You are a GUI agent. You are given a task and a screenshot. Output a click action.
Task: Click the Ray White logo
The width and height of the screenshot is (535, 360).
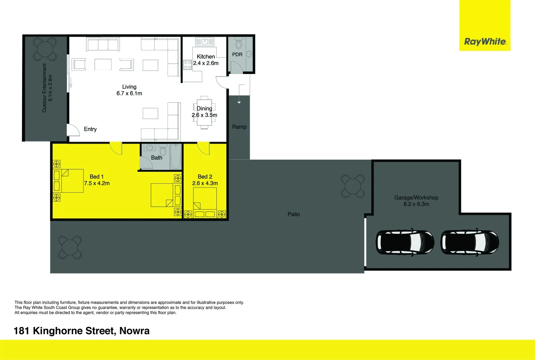pyautogui.click(x=485, y=42)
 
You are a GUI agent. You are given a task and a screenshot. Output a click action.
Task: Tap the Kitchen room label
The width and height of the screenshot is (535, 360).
pyautogui.click(x=206, y=57)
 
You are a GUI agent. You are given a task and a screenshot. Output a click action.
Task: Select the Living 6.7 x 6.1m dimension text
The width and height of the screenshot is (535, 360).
pyautogui.click(x=129, y=93)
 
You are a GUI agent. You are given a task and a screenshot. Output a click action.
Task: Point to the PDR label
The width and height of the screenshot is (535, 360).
pyautogui.click(x=237, y=54)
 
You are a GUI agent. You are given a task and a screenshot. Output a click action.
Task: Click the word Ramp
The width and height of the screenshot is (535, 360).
pyautogui.click(x=239, y=127)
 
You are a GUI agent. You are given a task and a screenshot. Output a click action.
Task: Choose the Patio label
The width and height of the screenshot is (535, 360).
pyautogui.click(x=294, y=214)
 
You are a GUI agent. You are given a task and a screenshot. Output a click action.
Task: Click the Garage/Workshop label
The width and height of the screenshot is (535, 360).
pyautogui.click(x=416, y=198)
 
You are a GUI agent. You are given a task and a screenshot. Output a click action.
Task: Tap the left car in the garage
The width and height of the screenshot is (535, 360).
pyautogui.click(x=405, y=242)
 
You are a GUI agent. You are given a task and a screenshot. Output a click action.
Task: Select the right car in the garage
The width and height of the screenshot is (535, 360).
pyautogui.click(x=470, y=242)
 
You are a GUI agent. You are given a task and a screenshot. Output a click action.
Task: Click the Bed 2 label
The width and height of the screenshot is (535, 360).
pyautogui.click(x=205, y=177)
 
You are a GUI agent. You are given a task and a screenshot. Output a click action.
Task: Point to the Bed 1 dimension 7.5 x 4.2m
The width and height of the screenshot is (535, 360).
pyautogui.click(x=97, y=183)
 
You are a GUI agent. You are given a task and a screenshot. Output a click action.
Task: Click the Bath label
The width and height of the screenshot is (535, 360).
pyautogui.click(x=157, y=158)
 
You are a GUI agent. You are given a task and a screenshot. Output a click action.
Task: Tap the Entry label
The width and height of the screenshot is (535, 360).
pyautogui.click(x=90, y=129)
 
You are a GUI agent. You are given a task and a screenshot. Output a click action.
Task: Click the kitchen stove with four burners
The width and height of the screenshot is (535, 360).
pyautogui.click(x=188, y=65)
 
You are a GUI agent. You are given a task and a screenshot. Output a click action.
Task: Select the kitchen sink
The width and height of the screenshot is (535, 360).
pyautogui.click(x=205, y=42)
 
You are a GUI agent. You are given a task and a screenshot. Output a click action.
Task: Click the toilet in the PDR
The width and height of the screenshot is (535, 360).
pyautogui.click(x=238, y=44)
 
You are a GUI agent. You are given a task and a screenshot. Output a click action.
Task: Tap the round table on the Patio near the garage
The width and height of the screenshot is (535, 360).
pyautogui.click(x=353, y=186)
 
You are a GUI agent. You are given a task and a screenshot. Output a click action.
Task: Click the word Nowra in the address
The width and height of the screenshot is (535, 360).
pyautogui.click(x=134, y=331)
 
